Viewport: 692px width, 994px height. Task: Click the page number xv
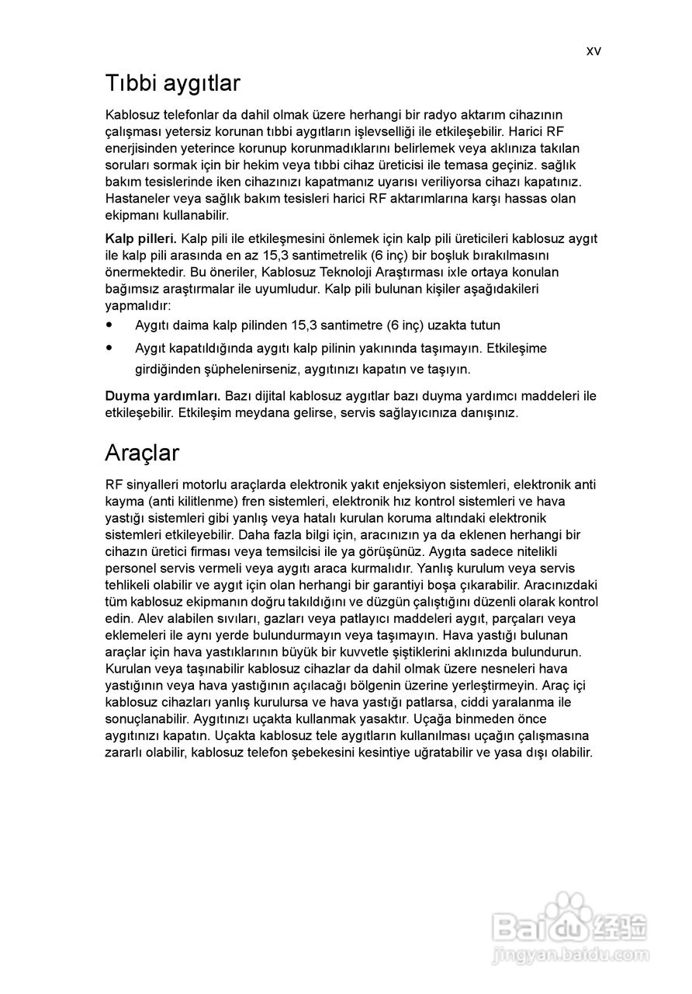coord(593,51)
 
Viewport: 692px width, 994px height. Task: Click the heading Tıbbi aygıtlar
coord(173,83)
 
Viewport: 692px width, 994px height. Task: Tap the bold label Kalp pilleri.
coord(141,238)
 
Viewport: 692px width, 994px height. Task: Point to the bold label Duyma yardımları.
coord(163,396)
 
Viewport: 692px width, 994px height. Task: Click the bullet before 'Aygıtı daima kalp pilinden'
coord(109,325)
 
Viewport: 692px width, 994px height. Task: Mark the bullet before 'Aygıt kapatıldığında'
coord(109,348)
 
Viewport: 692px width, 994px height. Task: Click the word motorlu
coord(204,485)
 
